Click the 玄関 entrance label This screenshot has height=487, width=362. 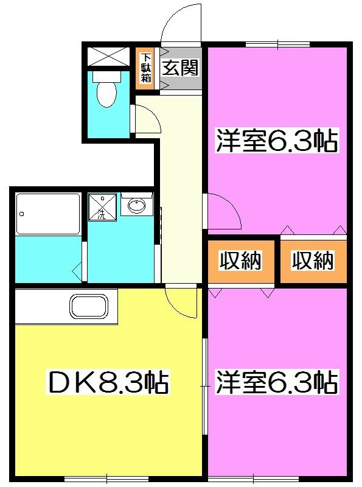click(181, 68)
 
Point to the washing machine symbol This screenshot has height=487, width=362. click(102, 207)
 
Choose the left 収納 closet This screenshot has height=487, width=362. click(240, 261)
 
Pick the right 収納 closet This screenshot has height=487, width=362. click(313, 261)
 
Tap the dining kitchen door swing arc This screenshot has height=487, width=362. click(181, 302)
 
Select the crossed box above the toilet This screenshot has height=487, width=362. click(107, 56)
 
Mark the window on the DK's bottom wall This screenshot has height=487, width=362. click(106, 477)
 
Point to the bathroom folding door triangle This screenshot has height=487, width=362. click(77, 268)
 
